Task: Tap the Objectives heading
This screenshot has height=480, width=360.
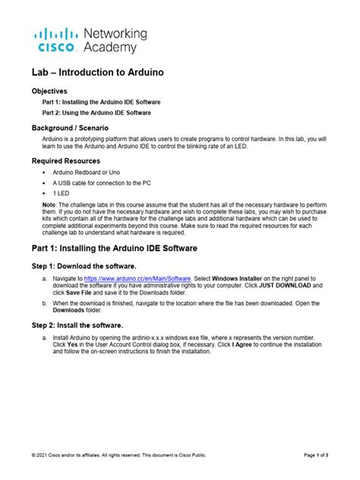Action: click(x=54, y=90)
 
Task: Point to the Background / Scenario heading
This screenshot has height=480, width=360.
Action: click(x=80, y=129)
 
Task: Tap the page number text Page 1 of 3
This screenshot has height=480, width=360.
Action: click(x=316, y=455)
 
